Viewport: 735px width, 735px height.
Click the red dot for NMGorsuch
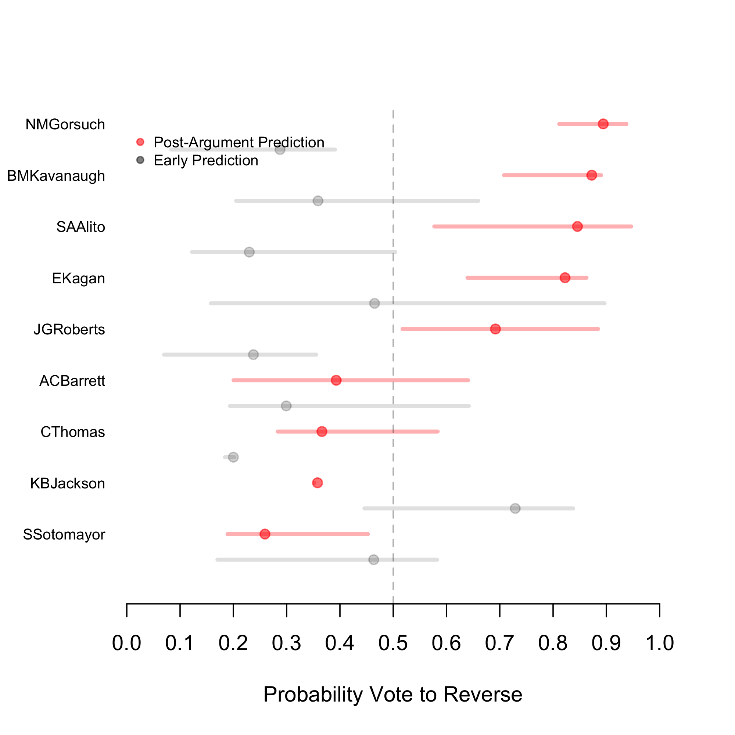(x=603, y=124)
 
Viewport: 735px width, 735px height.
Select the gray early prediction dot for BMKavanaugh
(x=318, y=201)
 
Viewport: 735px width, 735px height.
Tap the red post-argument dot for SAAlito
(x=577, y=226)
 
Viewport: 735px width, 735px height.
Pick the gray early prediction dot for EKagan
(x=375, y=303)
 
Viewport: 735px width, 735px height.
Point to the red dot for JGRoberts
(x=495, y=329)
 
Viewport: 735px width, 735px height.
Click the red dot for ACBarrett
(x=336, y=380)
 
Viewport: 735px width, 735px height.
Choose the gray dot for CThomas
(x=233, y=457)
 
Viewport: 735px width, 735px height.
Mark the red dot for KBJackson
(x=317, y=483)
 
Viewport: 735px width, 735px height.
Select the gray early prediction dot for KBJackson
(x=515, y=508)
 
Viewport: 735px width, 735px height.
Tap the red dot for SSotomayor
(x=265, y=534)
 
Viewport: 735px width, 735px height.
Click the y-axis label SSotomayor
(x=64, y=534)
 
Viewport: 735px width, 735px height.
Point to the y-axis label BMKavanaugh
(x=56, y=176)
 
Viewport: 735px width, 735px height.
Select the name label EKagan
(x=78, y=279)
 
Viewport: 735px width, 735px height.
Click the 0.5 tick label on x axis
(x=393, y=644)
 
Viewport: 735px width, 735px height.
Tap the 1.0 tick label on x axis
(x=659, y=644)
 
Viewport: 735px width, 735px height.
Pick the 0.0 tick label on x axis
(x=127, y=644)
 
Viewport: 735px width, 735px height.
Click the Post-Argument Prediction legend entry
(x=239, y=142)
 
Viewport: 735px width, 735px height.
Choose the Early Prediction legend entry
(x=205, y=161)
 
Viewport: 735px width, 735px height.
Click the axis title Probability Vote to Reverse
(x=392, y=694)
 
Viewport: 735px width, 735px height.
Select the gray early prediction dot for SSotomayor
(x=374, y=560)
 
